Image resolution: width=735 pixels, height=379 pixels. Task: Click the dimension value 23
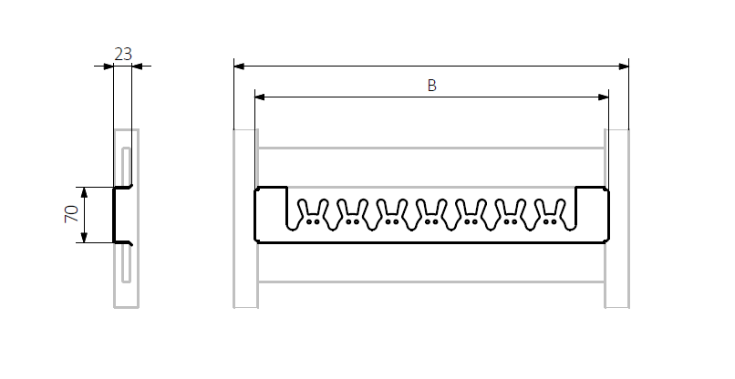pyautogui.click(x=123, y=55)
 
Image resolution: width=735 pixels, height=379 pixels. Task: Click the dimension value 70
pyautogui.click(x=71, y=214)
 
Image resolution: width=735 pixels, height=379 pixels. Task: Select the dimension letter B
pyautogui.click(x=431, y=86)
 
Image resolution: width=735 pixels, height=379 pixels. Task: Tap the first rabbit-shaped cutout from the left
pyautogui.click(x=313, y=214)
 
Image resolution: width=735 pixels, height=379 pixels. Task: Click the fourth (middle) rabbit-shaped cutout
pyautogui.click(x=431, y=214)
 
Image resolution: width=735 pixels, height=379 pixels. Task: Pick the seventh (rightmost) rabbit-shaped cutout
pyautogui.click(x=549, y=214)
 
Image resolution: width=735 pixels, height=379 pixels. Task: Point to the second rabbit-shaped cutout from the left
pyautogui.click(x=352, y=214)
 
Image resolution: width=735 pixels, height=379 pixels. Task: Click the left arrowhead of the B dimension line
pyautogui.click(x=260, y=97)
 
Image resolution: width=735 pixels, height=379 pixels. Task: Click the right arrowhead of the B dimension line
pyautogui.click(x=604, y=97)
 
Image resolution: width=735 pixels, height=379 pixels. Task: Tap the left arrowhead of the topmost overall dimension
pyautogui.click(x=239, y=67)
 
